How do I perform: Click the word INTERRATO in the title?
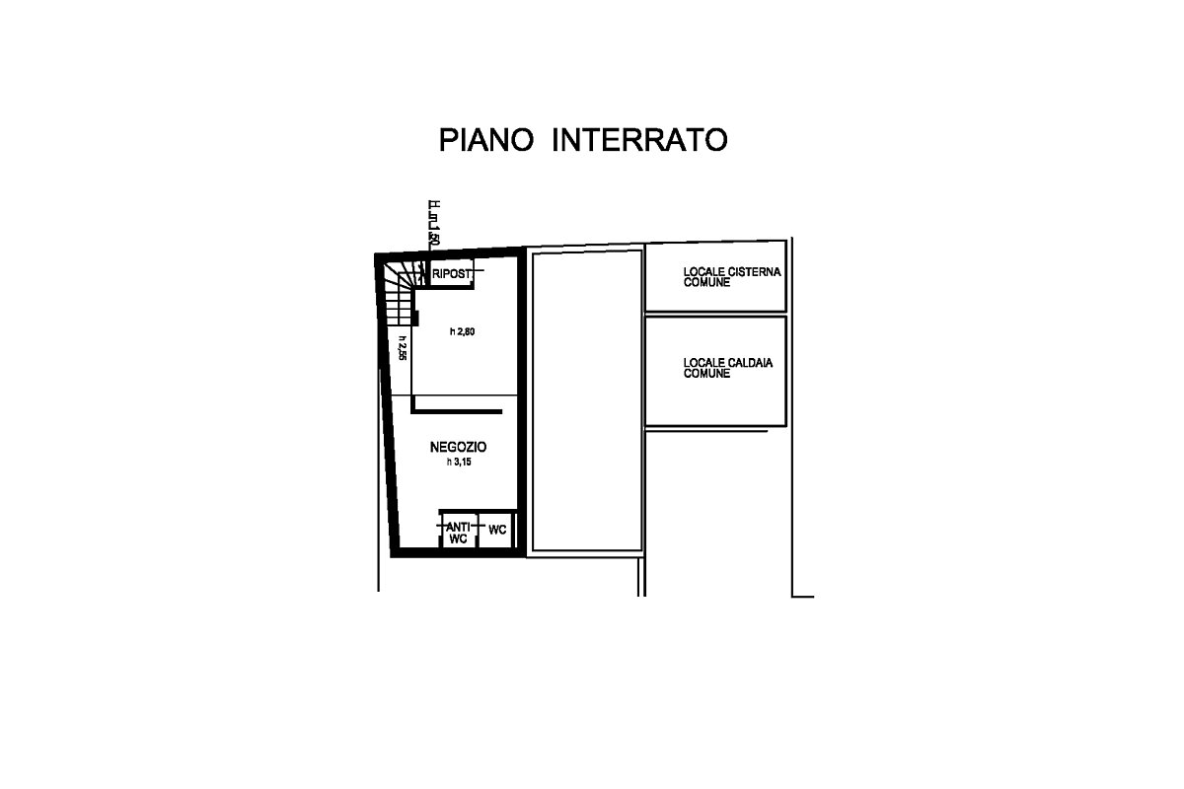coord(638,140)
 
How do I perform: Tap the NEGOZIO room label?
coord(458,447)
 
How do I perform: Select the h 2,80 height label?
coord(462,331)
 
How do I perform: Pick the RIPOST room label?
coord(450,274)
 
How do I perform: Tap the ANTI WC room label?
coord(457,533)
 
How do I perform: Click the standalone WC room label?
coord(497,531)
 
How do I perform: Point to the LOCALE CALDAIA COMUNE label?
coord(728,368)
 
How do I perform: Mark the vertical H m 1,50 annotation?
coord(433,224)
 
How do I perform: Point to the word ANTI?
coord(457,527)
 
